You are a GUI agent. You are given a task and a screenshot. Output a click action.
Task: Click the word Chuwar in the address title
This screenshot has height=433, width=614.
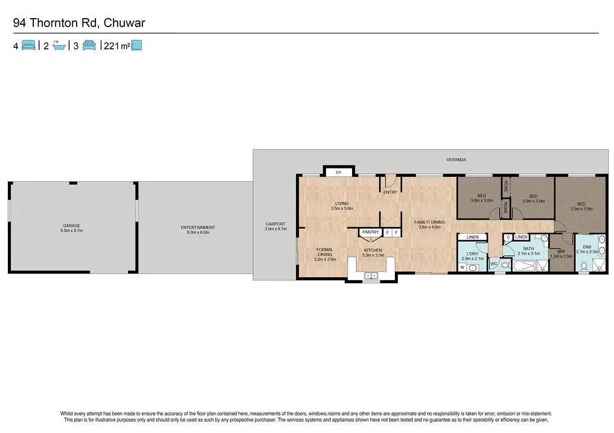(124, 23)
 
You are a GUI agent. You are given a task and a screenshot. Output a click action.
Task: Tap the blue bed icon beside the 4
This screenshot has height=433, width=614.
(28, 45)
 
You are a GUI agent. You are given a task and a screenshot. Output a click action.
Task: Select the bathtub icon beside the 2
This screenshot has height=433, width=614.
(59, 45)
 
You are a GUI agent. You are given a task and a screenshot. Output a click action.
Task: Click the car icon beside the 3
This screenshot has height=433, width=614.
(89, 45)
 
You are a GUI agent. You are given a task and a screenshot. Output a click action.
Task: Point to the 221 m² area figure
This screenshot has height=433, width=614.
(116, 45)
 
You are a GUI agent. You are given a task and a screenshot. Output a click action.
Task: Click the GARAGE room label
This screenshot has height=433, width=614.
(72, 225)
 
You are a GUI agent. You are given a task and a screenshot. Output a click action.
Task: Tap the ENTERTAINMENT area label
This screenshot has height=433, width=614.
(197, 228)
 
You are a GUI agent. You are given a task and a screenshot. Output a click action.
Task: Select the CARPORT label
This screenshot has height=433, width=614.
(275, 224)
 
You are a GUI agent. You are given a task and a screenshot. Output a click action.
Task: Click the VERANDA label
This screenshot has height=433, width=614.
(456, 159)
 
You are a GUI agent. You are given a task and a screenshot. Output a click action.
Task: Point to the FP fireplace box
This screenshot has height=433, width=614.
(338, 172)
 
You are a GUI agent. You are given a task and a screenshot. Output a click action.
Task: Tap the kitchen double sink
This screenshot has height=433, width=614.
(371, 275)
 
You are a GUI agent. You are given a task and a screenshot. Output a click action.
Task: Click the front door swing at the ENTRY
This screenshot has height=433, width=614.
(390, 180)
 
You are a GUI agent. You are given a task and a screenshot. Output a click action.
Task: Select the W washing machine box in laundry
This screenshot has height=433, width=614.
(462, 267)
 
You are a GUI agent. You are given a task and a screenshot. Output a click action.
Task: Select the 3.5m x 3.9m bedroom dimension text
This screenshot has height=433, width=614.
(581, 209)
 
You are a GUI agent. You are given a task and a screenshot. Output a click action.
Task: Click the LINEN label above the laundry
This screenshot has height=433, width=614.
(472, 237)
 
